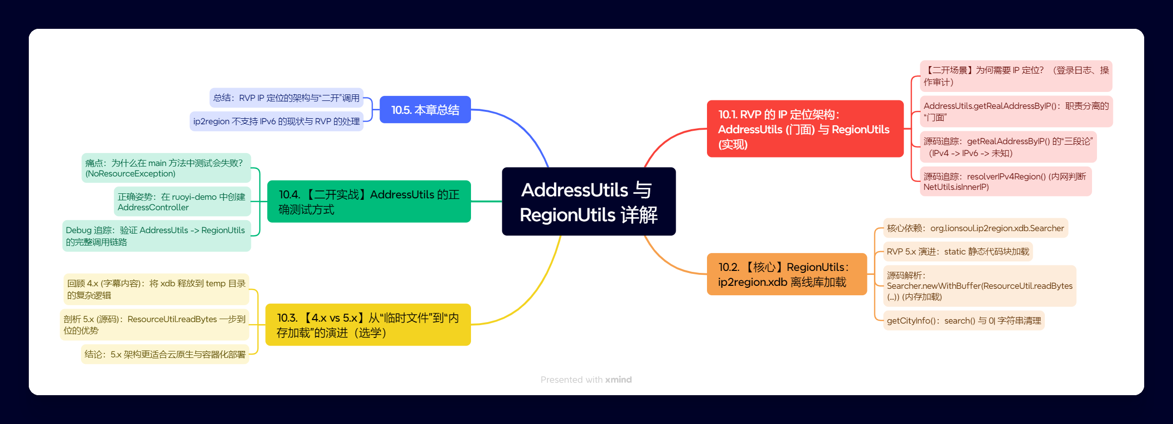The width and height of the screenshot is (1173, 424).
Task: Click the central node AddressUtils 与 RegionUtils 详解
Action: point(589,202)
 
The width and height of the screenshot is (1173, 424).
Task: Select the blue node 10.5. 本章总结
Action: point(425,110)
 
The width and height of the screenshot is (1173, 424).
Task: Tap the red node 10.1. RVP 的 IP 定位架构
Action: point(804,129)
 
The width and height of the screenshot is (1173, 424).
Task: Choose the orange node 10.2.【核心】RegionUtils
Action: point(786,274)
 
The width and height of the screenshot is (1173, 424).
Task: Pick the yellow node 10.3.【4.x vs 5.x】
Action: point(368,325)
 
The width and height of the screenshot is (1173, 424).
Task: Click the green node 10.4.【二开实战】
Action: point(369,202)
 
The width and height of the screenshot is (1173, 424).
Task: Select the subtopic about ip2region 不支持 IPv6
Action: point(276,121)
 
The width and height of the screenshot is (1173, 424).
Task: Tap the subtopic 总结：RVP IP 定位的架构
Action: point(286,98)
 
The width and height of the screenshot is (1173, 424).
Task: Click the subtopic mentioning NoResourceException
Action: point(166,168)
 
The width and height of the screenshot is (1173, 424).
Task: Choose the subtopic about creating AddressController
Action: point(182,202)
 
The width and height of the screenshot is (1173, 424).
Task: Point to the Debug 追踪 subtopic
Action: point(156,236)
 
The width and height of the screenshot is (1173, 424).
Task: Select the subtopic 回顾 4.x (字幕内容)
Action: point(156,289)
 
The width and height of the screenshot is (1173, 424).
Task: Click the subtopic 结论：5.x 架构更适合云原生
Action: point(165,354)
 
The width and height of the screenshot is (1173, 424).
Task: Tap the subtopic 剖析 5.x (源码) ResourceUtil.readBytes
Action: point(155,325)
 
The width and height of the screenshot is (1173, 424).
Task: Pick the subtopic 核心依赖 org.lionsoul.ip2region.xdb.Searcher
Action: point(975,228)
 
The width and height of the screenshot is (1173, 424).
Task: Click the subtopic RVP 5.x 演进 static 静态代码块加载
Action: point(957,252)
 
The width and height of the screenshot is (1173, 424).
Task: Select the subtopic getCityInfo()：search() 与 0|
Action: point(963,321)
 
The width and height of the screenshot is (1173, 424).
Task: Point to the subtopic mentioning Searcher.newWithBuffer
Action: point(979,286)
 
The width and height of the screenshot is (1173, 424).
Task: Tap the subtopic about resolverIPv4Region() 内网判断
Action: point(1005,181)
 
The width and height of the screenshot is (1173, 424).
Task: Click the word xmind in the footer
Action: point(618,380)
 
